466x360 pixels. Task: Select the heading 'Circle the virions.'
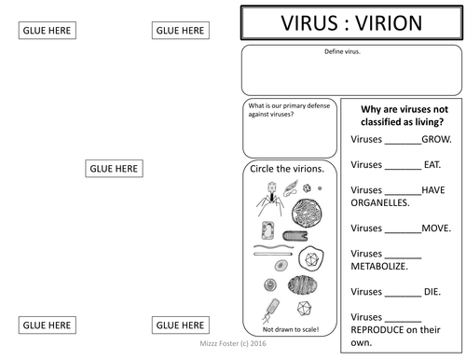(x=289, y=169)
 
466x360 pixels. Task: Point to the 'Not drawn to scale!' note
(x=290, y=330)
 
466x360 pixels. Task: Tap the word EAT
(x=432, y=164)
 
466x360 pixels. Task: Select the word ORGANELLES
(x=380, y=202)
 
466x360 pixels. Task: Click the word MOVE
(x=436, y=228)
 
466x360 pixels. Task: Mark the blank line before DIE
(x=404, y=293)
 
